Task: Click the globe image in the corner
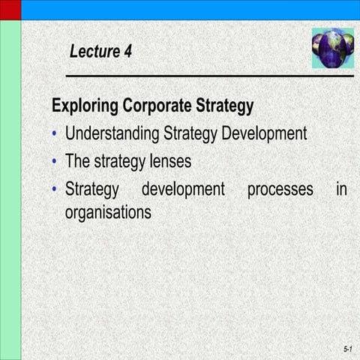click(332, 49)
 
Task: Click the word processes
click(280, 189)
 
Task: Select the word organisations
click(108, 212)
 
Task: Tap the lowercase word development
click(183, 189)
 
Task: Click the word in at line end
click(341, 189)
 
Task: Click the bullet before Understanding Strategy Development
click(55, 135)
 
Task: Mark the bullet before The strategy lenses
click(55, 162)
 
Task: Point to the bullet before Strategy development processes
click(55, 190)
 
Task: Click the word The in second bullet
click(77, 161)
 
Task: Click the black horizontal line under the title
click(210, 76)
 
